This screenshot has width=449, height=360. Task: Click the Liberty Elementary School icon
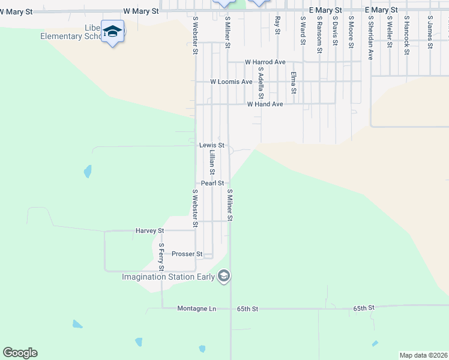112,31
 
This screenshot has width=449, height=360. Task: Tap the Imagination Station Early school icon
224,276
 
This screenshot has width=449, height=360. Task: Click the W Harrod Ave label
265,62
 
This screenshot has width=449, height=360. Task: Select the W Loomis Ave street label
231,82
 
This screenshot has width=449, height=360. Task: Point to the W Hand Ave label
265,104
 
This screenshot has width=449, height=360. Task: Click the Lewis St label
211,145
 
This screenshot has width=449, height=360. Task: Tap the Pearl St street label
212,183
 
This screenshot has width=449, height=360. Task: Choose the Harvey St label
150,230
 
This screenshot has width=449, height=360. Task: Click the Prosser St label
186,254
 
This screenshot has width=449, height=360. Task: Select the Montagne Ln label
196,308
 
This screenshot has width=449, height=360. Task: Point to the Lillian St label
212,163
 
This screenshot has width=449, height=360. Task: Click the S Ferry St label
161,256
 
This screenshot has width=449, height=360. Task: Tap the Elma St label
294,83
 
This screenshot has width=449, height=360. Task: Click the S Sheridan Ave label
371,37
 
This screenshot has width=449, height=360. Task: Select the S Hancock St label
406,35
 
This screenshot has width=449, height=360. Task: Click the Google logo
20,353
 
